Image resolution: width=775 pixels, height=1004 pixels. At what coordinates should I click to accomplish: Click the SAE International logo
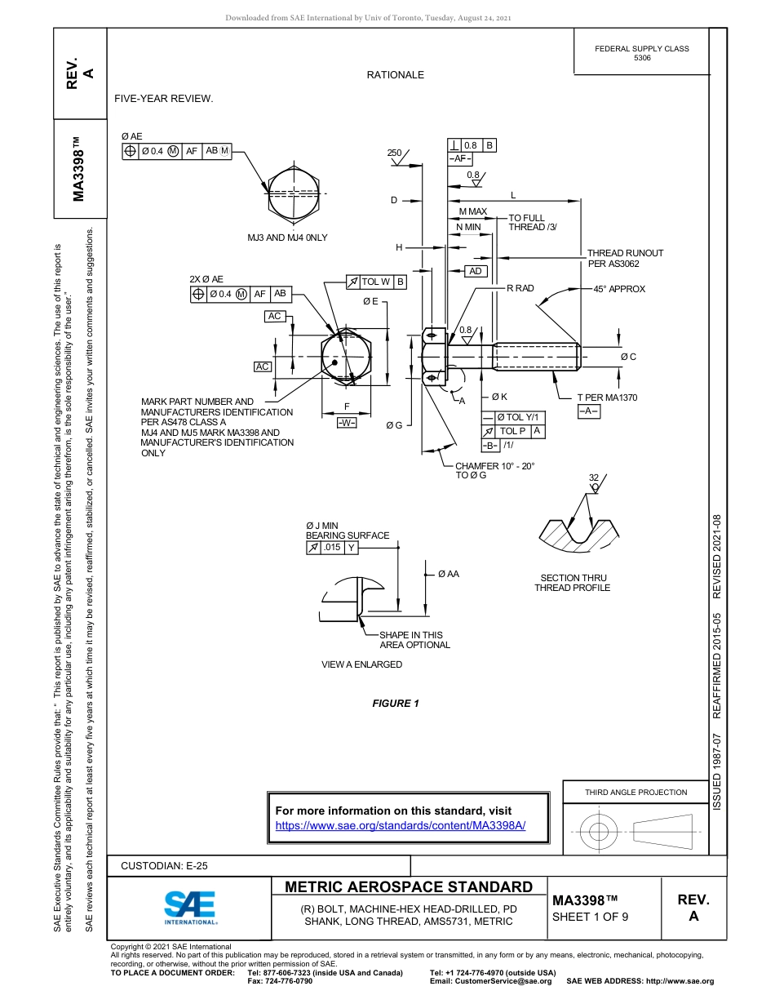(190, 906)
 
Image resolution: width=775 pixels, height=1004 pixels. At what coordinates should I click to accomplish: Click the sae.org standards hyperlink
(401, 825)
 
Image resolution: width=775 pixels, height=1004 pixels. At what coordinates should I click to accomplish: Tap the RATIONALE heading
(395, 75)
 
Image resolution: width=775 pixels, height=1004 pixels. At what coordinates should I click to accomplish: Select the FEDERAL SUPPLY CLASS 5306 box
(641, 53)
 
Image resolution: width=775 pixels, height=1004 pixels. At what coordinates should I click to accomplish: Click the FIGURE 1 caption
(396, 704)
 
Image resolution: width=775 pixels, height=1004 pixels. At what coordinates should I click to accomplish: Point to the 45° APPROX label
(619, 289)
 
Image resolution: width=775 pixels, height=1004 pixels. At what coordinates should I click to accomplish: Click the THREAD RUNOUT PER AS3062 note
(625, 258)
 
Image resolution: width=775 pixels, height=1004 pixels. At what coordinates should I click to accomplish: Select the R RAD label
(520, 288)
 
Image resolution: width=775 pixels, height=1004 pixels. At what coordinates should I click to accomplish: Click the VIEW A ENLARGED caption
(361, 664)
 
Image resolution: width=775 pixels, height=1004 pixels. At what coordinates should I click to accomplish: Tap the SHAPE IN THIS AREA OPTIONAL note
(414, 640)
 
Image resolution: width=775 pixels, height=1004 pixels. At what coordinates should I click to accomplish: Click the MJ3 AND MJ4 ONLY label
(287, 238)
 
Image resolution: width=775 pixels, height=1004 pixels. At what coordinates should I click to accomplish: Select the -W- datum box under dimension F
(347, 422)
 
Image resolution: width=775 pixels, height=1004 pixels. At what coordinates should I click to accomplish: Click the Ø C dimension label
(627, 357)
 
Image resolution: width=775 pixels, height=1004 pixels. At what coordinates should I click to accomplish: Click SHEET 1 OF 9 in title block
(591, 916)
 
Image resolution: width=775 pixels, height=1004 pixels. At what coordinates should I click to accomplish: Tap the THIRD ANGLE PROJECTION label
(635, 792)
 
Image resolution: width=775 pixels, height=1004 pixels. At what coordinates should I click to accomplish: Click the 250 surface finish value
(395, 153)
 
